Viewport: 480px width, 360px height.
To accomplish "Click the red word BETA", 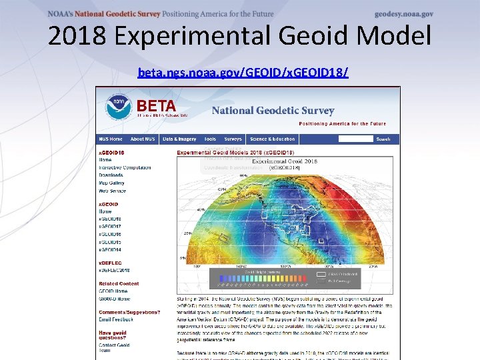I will pos(156,106).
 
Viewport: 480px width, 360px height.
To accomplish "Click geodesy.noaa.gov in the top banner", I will pos(403,14).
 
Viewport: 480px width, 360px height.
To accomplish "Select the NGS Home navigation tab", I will pos(111,139).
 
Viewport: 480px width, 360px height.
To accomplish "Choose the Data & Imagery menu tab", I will pos(179,139).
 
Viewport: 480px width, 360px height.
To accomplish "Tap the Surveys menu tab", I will pos(233,139).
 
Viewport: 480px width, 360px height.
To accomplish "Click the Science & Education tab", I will pos(272,139).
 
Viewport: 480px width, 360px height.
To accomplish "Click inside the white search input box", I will pos(355,139).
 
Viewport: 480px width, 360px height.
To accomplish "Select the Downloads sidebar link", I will pos(111,175).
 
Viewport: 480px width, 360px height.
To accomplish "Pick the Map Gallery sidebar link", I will pos(111,183).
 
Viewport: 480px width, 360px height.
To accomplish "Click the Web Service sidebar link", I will pos(112,191).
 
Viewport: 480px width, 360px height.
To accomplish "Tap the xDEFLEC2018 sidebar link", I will pos(114,269).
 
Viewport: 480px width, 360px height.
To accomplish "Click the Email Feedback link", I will pos(116,320).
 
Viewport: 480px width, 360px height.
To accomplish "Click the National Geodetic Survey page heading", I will pos(273,111).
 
